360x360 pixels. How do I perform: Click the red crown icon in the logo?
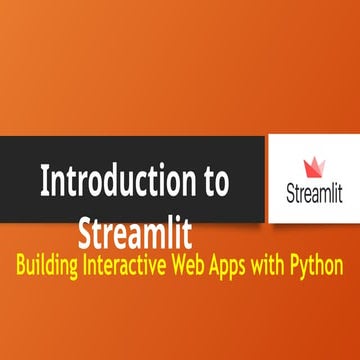pyautogui.click(x=313, y=164)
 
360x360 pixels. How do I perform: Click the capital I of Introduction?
pyautogui.click(x=44, y=183)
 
